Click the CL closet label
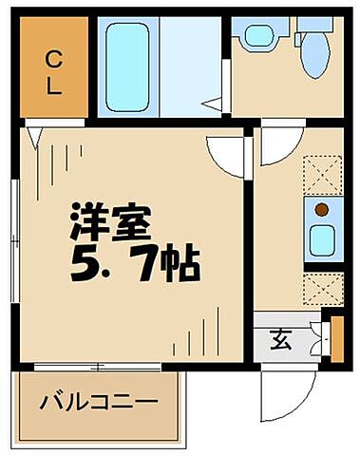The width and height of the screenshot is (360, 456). (x=52, y=73)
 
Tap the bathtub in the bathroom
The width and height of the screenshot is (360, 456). (x=126, y=66)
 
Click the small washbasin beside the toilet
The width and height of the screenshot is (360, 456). (x=257, y=37)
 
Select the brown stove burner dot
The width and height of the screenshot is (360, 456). (x=322, y=210)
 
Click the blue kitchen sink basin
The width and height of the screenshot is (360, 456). (x=322, y=241)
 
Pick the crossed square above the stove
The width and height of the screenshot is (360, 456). (x=322, y=174)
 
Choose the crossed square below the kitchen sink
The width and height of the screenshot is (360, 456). (x=322, y=286)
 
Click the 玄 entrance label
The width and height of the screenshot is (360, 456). (x=283, y=338)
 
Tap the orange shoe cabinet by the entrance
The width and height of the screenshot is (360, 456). (x=336, y=337)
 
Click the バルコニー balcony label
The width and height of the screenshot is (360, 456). (x=99, y=402)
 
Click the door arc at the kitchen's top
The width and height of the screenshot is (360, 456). (x=281, y=142)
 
